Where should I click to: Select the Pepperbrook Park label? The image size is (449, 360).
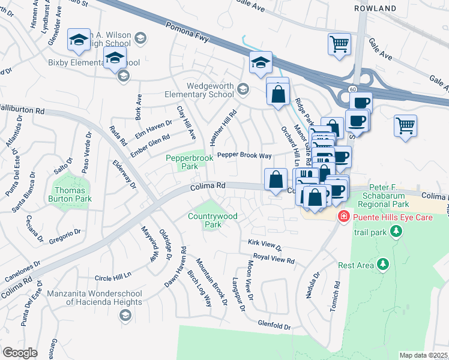[x=190, y=161]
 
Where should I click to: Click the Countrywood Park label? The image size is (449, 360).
[x=212, y=220]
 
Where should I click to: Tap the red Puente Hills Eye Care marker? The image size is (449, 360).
[x=343, y=217]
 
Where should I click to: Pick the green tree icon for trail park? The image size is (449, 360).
[x=395, y=231]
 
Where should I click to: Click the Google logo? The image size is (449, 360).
[x=20, y=353]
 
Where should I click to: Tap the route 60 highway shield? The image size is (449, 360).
[x=351, y=89]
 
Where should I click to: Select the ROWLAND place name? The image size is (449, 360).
[x=375, y=8]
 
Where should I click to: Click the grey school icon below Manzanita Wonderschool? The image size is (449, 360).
[x=125, y=315]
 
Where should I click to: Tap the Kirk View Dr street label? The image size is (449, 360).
[x=265, y=246]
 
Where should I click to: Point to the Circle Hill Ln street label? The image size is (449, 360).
[x=113, y=278]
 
